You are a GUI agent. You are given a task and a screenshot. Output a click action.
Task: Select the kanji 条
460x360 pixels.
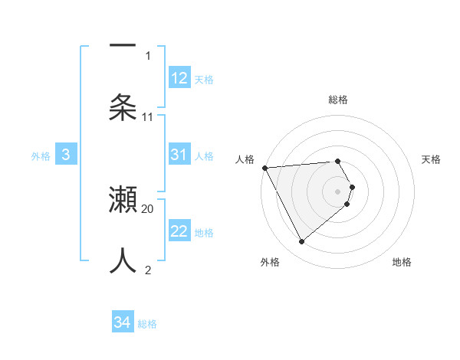(x=123, y=106)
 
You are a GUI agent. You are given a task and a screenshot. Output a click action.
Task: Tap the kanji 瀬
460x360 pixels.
(x=123, y=201)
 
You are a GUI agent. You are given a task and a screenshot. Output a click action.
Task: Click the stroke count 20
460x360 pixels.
(x=148, y=208)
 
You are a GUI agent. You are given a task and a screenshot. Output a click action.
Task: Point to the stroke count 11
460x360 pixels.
(x=148, y=117)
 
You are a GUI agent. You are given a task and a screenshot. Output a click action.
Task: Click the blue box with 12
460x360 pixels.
(x=179, y=78)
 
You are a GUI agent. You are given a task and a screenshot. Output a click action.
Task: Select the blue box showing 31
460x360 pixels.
(x=179, y=155)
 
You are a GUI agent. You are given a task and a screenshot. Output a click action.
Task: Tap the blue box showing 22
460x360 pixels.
(x=179, y=231)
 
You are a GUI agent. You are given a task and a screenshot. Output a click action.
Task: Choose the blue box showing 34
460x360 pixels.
(x=123, y=322)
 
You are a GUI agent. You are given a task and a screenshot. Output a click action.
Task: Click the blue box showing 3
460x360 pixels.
(x=66, y=155)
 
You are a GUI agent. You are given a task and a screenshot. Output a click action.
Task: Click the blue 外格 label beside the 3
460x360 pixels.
(x=41, y=155)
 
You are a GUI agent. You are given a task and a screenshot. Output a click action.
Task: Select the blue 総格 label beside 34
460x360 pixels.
(x=147, y=323)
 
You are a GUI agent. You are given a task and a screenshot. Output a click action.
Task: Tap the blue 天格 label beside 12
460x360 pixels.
(x=204, y=79)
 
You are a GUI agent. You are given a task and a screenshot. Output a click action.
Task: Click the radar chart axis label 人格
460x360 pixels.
(x=245, y=159)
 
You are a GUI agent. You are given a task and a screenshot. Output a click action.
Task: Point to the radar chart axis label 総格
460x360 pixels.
(x=338, y=100)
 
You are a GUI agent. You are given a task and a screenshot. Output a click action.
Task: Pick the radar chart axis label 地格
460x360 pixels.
(x=402, y=262)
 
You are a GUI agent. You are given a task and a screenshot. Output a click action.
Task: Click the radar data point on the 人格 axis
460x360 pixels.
(x=264, y=167)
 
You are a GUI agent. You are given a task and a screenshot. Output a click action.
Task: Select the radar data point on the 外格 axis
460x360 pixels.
(x=301, y=242)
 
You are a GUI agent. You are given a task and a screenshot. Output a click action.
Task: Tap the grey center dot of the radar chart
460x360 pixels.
(x=338, y=191)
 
